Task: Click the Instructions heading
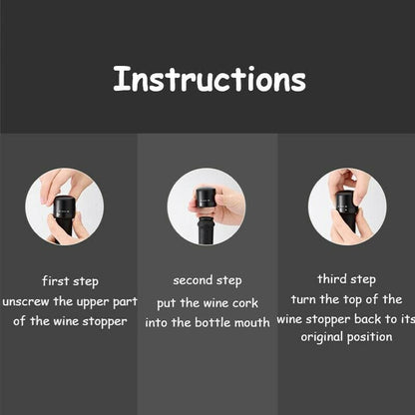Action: (209, 79)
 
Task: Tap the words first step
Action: (70, 281)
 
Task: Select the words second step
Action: (207, 281)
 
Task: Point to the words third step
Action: (346, 279)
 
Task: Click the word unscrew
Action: (26, 302)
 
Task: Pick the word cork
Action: (245, 303)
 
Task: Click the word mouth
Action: (252, 322)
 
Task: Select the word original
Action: (321, 337)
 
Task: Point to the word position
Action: (370, 337)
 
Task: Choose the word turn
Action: (303, 299)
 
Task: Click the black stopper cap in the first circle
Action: (64, 207)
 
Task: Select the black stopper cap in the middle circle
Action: (206, 199)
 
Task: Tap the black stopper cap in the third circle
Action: (346, 204)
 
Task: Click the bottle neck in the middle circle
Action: (206, 230)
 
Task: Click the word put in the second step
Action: (167, 304)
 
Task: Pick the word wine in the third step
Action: (289, 319)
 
